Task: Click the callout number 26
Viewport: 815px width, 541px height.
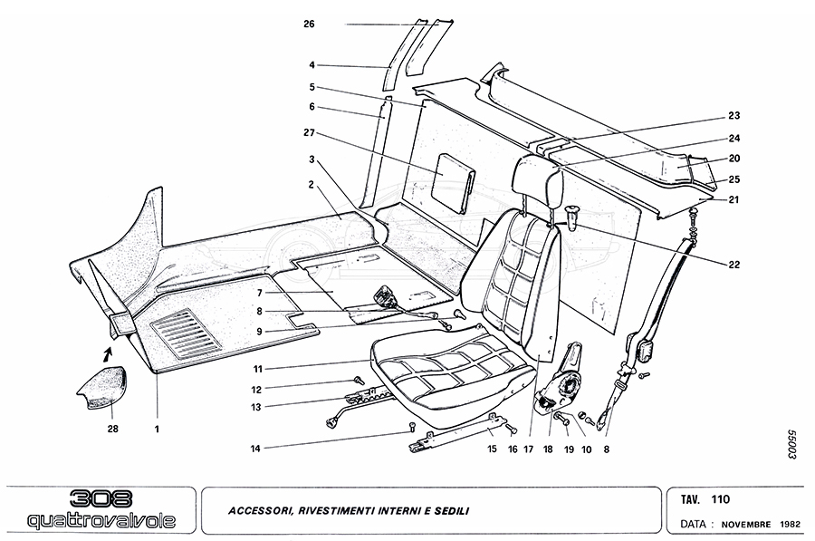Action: pyautogui.click(x=310, y=24)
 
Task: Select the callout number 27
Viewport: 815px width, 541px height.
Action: pyautogui.click(x=311, y=133)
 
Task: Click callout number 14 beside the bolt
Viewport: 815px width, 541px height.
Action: pyautogui.click(x=256, y=448)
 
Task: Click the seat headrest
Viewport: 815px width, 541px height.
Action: pyautogui.click(x=541, y=179)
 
